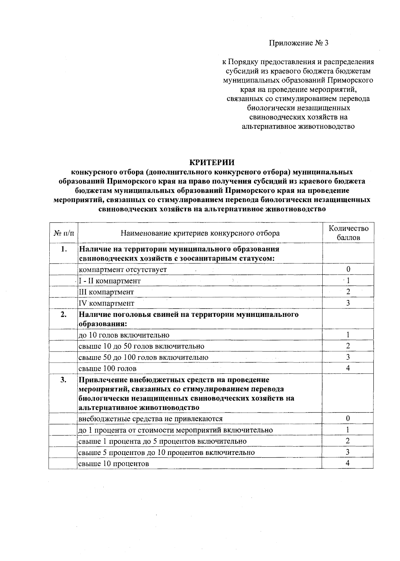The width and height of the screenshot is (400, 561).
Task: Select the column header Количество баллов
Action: (348, 233)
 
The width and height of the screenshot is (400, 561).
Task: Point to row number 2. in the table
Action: (64, 315)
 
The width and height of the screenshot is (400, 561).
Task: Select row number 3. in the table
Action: (64, 380)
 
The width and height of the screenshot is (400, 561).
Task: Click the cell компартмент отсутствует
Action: (122, 269)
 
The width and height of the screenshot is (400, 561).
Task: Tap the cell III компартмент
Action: (106, 292)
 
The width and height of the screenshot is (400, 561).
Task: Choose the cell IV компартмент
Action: (106, 303)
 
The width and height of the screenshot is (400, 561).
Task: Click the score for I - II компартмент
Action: (348, 280)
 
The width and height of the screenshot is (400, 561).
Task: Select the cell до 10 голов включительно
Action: (124, 335)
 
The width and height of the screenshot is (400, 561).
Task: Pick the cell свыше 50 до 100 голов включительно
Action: (143, 357)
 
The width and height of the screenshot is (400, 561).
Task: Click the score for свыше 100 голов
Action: (348, 368)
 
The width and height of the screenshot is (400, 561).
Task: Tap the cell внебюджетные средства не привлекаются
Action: (150, 419)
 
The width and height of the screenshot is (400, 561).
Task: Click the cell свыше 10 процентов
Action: (113, 464)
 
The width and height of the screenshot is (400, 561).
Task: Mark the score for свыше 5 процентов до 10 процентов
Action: (348, 452)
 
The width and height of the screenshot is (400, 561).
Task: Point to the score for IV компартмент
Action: (348, 303)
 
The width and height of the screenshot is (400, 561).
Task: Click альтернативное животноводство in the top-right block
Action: (298, 126)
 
